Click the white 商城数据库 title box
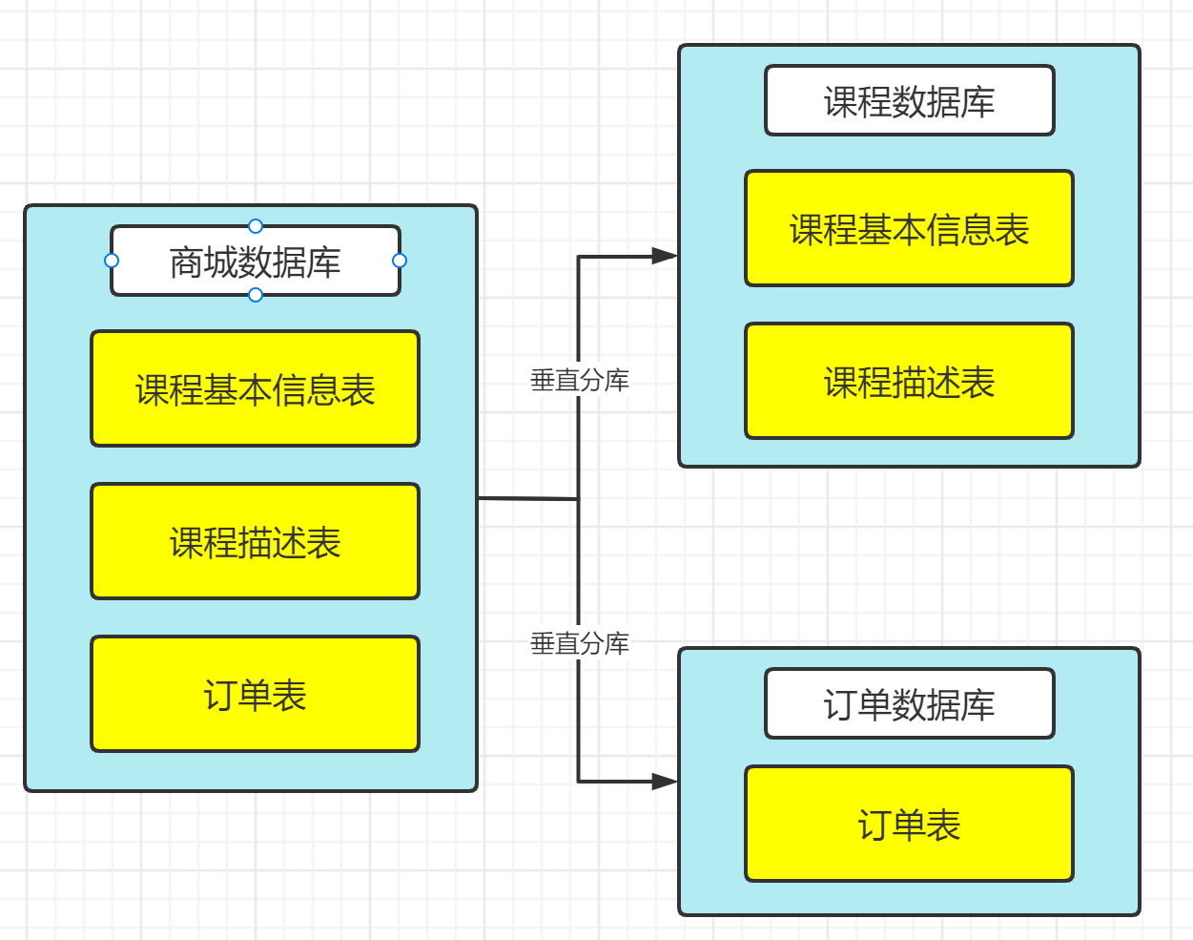[x=256, y=261]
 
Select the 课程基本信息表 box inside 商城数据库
[x=256, y=389]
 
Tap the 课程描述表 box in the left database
[x=256, y=542]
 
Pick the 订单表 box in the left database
[x=256, y=695]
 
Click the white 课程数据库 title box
[x=910, y=101]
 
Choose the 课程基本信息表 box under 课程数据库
[x=910, y=229]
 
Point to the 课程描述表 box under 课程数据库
[x=910, y=382]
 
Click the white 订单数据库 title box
[x=910, y=704]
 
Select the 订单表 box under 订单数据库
[x=910, y=825]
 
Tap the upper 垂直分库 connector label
[x=580, y=380]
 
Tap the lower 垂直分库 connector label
[x=580, y=643]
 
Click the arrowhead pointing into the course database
[x=664, y=256]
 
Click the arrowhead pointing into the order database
[x=664, y=782]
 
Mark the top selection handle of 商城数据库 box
[x=256, y=226]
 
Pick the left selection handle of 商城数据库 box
[x=112, y=261]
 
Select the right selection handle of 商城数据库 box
[x=400, y=261]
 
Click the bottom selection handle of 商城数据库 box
[x=256, y=295]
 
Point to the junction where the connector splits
[x=578, y=498]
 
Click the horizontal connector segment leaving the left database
[x=527, y=498]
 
